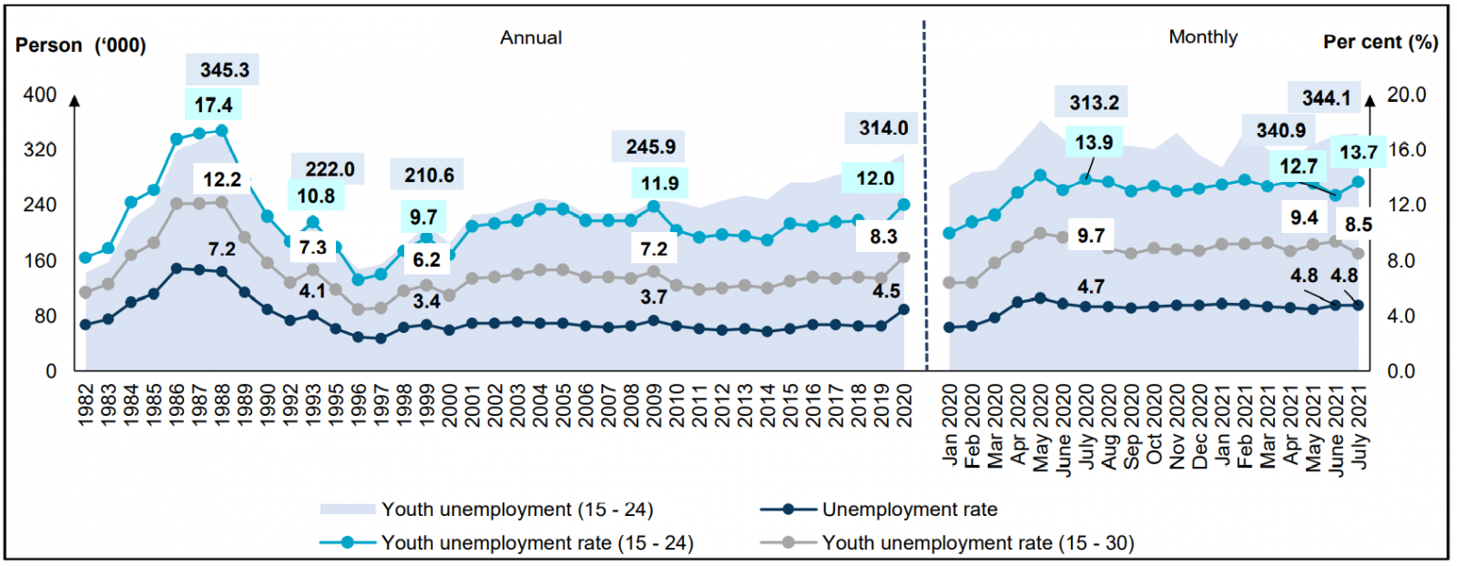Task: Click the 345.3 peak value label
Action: point(224,70)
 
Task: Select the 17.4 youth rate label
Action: point(213,106)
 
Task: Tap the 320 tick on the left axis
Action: point(40,150)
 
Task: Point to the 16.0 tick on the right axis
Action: point(1406,150)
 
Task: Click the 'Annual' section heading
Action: point(531,38)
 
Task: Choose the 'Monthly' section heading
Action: point(1203,37)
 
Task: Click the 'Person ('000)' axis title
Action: point(81,45)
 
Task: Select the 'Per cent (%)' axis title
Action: point(1381,42)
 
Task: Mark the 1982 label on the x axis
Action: point(87,403)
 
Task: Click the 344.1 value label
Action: point(1326,98)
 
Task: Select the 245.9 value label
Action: point(650,147)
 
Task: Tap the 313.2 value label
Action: point(1094,103)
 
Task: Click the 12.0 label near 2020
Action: point(874,178)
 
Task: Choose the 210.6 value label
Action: point(429,175)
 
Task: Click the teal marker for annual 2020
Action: point(904,205)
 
